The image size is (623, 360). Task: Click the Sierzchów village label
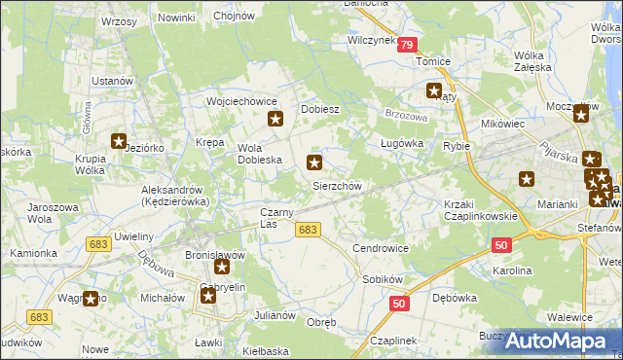coord(337,186)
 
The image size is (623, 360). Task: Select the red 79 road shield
coord(406,45)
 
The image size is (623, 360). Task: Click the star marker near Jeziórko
coord(120,142)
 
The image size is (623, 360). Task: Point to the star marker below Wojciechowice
coord(275,120)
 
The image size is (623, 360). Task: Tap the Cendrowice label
coord(381,248)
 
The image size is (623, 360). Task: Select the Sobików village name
coord(382,278)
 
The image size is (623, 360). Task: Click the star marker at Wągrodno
coord(92,300)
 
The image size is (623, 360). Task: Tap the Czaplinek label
coord(393,341)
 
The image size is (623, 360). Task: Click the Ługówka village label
coord(398,143)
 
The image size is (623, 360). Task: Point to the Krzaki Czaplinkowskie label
coord(479,210)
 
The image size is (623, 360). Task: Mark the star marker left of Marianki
coord(528,179)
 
